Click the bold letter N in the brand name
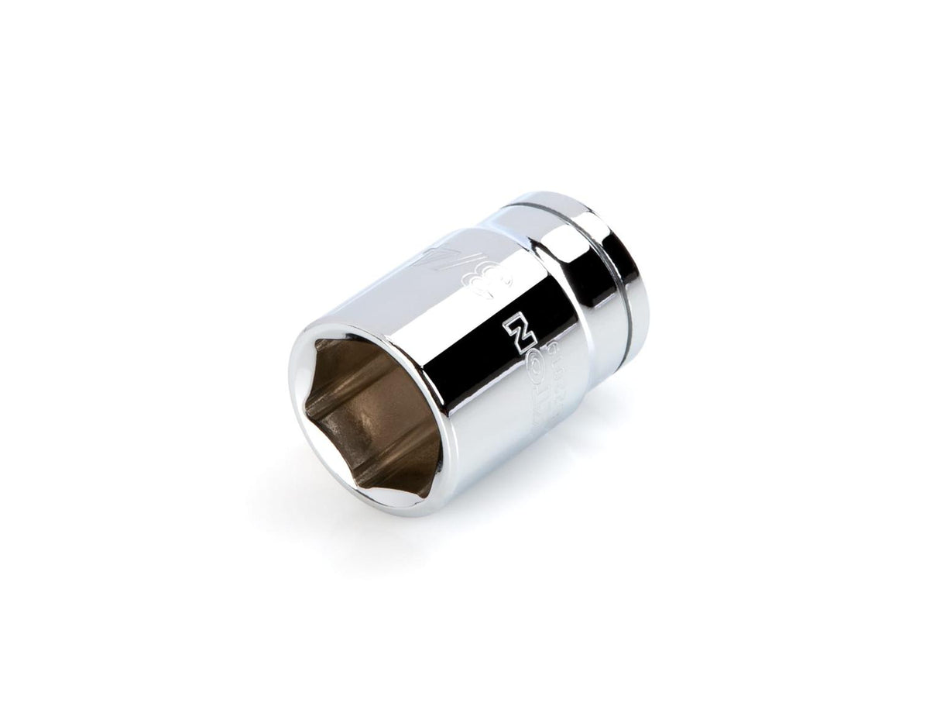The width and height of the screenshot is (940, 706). point(517,332)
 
